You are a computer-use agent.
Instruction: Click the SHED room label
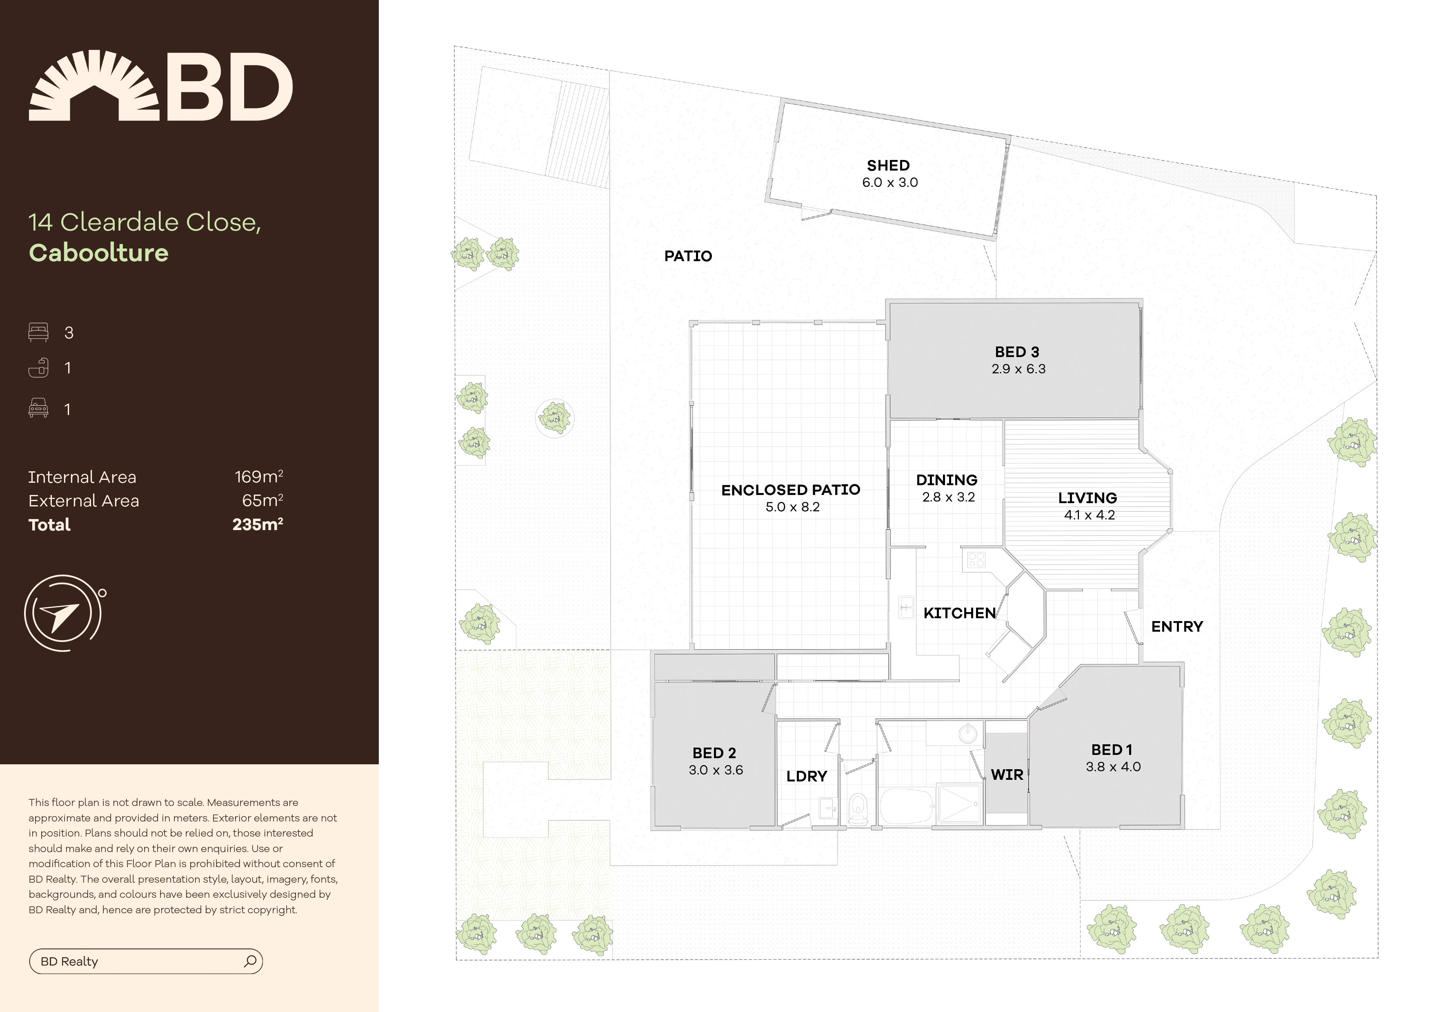tap(888, 165)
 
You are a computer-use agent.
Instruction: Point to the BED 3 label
tap(1017, 352)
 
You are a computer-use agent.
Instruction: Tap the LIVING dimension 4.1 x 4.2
tap(1090, 515)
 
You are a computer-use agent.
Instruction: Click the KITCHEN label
tap(960, 613)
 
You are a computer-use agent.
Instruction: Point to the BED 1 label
tap(1112, 750)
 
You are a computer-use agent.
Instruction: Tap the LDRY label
tap(807, 776)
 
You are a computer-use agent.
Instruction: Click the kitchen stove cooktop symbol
tap(976, 559)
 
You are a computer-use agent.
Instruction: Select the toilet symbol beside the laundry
tap(858, 808)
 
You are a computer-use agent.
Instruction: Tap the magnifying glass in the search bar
tap(250, 961)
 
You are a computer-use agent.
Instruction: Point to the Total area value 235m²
tap(258, 524)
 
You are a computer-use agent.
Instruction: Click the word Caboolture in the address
tap(98, 253)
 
